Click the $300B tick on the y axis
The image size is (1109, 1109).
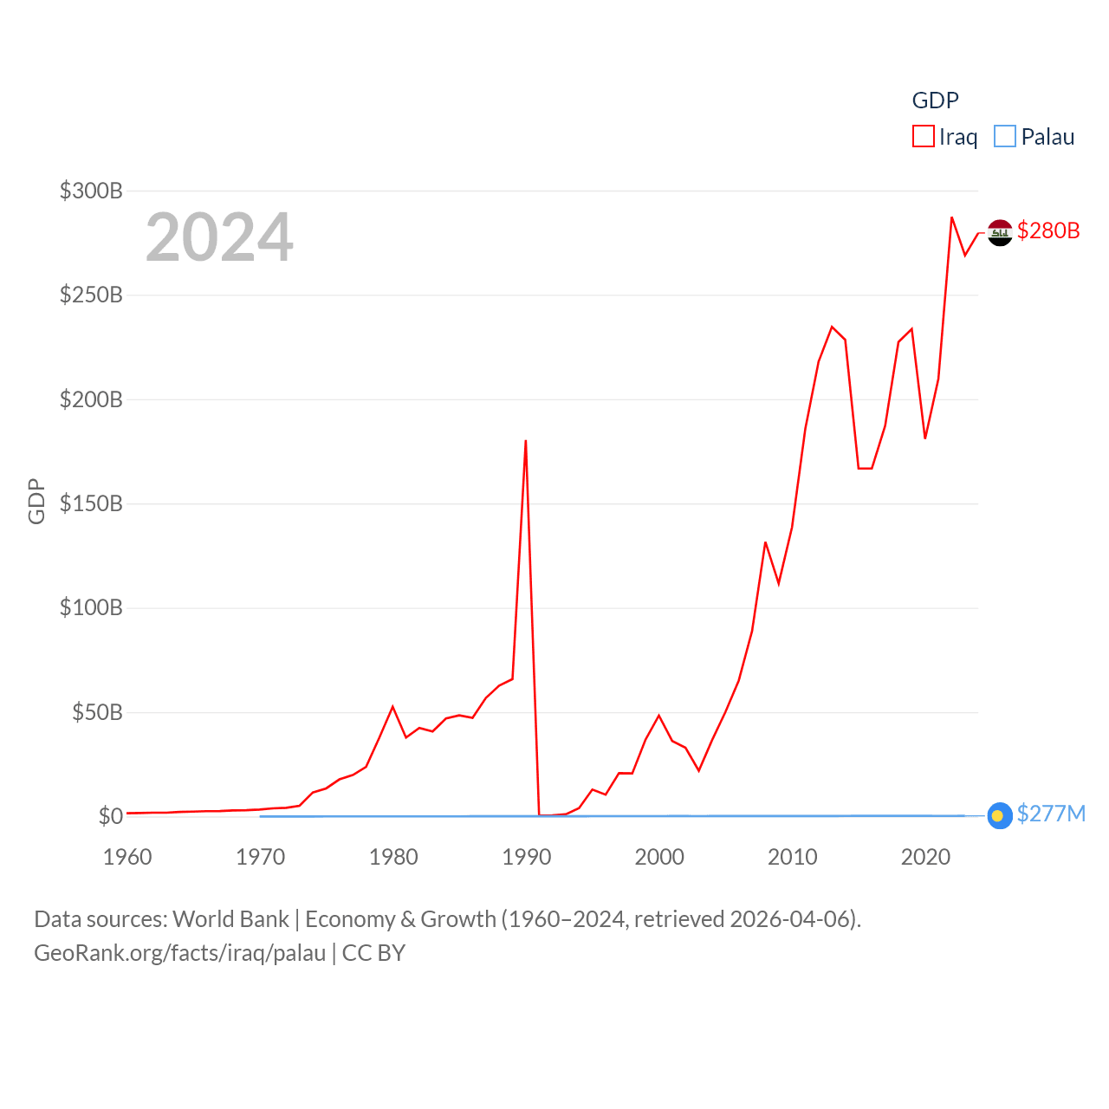tap(91, 191)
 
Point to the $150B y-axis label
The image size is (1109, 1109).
tap(91, 503)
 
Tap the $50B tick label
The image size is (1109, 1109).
tap(97, 712)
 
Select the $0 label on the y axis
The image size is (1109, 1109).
tap(111, 816)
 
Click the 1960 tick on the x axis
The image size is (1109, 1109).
tap(127, 857)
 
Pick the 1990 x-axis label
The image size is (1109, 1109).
tap(527, 857)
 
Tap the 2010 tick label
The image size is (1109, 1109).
tap(793, 857)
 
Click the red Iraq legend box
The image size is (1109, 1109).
tap(924, 137)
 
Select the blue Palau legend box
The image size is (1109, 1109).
tap(1005, 137)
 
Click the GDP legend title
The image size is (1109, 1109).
tap(936, 101)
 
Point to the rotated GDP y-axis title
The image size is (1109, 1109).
tap(36, 501)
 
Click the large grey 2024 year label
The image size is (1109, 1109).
tap(219, 237)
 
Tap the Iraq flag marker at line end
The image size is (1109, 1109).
tap(1000, 232)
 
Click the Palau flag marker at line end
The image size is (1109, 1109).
tap(999, 815)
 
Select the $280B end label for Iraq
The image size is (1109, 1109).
tap(1048, 230)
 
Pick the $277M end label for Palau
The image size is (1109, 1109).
tap(1051, 814)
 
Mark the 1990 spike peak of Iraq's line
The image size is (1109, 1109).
tap(526, 442)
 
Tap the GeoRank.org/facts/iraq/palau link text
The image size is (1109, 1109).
tap(180, 953)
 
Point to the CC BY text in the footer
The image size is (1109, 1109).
tap(373, 953)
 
